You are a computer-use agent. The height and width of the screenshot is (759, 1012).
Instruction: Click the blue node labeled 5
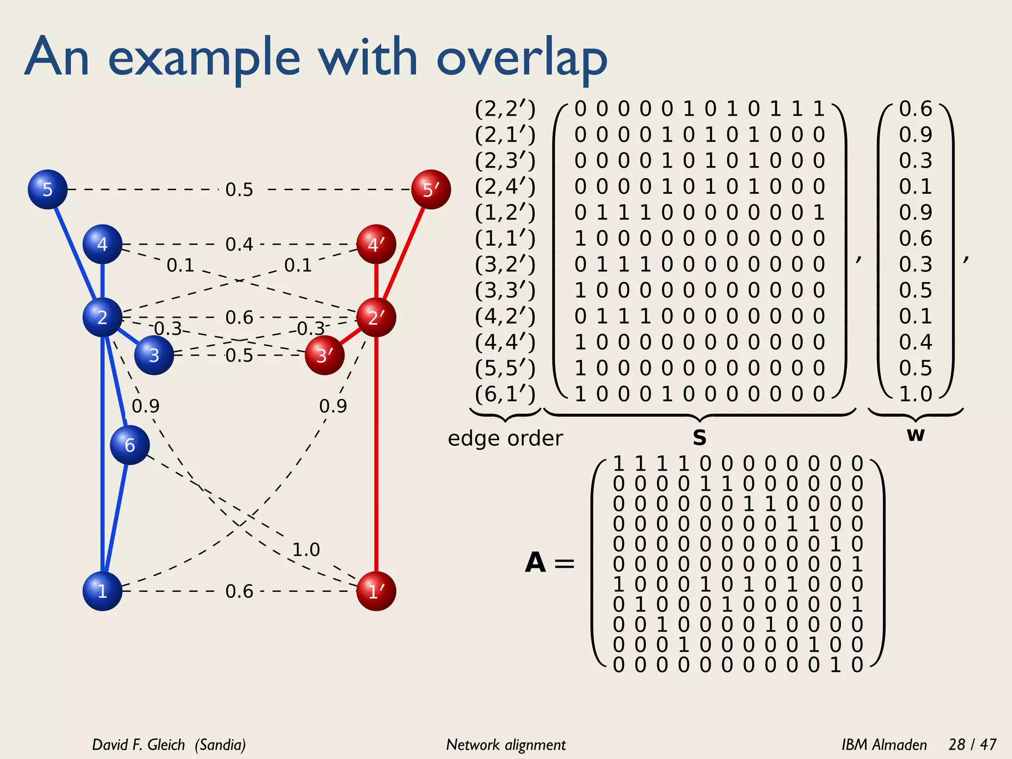pyautogui.click(x=47, y=189)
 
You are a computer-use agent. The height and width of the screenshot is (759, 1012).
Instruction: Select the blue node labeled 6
pyautogui.click(x=129, y=445)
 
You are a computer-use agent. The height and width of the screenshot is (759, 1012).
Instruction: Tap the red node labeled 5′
pyautogui.click(x=431, y=189)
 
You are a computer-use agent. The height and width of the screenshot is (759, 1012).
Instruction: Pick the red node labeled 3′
pyautogui.click(x=325, y=355)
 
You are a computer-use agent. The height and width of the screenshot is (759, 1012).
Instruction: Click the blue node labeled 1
pyautogui.click(x=102, y=591)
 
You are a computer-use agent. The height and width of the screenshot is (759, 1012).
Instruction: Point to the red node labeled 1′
pyautogui.click(x=376, y=591)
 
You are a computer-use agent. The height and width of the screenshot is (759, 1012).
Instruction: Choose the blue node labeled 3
pyautogui.click(x=154, y=355)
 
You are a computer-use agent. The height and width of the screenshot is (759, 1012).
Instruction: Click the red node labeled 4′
pyautogui.click(x=376, y=244)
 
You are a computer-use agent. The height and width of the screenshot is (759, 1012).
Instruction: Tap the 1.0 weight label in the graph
pyautogui.click(x=306, y=549)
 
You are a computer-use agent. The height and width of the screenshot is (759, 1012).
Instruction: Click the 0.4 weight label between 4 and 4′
pyautogui.click(x=239, y=244)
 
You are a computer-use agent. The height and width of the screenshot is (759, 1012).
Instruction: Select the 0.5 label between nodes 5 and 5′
pyautogui.click(x=239, y=189)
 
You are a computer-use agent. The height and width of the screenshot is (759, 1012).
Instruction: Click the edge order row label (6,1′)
pyautogui.click(x=505, y=394)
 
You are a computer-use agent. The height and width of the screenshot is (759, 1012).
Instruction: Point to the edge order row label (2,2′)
pyautogui.click(x=505, y=109)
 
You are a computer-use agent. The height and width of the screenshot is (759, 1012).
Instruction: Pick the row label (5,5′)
pyautogui.click(x=505, y=368)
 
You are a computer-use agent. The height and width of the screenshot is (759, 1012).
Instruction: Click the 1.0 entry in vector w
pyautogui.click(x=915, y=394)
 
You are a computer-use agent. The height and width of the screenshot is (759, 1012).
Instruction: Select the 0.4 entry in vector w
pyautogui.click(x=915, y=342)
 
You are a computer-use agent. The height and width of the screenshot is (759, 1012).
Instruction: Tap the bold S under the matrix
pyautogui.click(x=699, y=438)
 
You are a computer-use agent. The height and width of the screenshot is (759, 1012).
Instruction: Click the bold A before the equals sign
pyautogui.click(x=536, y=563)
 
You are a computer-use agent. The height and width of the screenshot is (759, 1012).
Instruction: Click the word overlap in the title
pyautogui.click(x=522, y=59)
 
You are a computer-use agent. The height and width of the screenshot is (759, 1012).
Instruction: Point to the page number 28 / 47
pyautogui.click(x=972, y=744)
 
